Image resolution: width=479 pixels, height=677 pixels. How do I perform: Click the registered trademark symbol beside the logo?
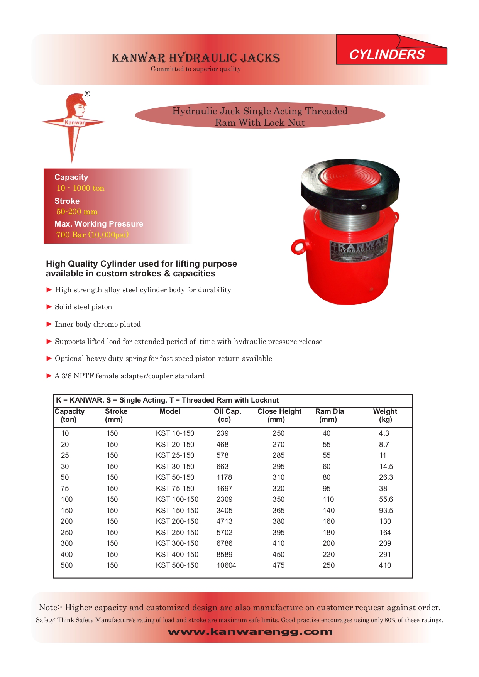pos(87,94)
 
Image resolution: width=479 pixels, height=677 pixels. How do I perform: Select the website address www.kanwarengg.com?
pos(250,632)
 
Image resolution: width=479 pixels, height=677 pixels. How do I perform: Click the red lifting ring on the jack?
pos(298,247)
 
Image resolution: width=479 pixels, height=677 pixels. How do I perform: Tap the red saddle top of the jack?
pos(350,177)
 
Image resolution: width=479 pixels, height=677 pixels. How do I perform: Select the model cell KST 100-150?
pos(177,499)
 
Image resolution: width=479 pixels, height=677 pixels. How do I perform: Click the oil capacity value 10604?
pos(226,565)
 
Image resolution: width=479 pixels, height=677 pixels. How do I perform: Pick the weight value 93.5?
pos(386,511)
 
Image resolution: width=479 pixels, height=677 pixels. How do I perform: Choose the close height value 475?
pos(278,565)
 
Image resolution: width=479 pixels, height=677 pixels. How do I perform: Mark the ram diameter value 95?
pos(327,489)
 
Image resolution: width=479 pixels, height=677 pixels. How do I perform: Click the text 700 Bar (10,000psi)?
pos(92,235)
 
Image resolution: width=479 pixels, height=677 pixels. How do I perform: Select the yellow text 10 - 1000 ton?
pos(80,188)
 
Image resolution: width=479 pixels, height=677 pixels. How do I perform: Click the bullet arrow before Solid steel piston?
pos(49,307)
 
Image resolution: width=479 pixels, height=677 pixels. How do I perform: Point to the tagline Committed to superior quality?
pos(196,69)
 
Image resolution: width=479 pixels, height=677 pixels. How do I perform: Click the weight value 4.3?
pos(384,433)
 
